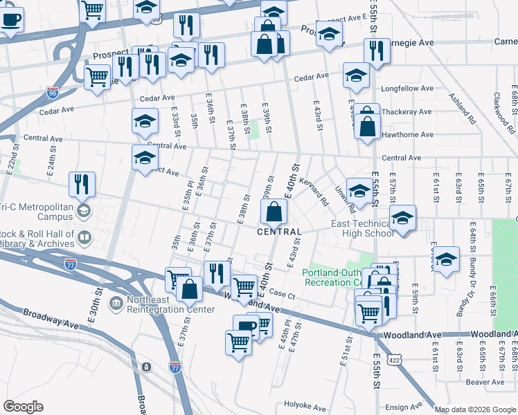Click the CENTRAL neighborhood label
pyautogui.click(x=280, y=232)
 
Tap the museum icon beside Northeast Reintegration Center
pyautogui.click(x=116, y=302)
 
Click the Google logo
pyautogui.click(x=23, y=407)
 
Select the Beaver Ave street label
pyautogui.click(x=485, y=382)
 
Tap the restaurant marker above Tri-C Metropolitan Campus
pyautogui.click(x=82, y=185)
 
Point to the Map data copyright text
pyautogui.click(x=474, y=409)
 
